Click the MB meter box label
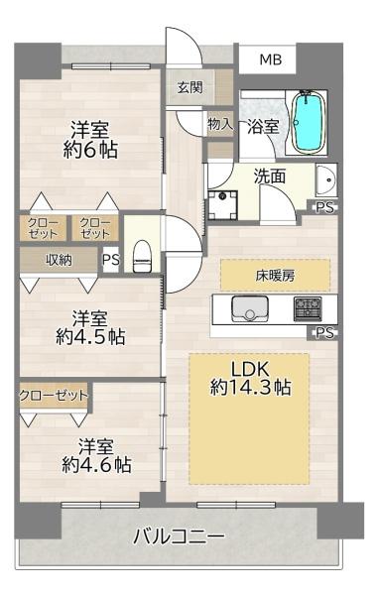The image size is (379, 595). (271, 59)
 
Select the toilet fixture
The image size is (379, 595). (143, 256)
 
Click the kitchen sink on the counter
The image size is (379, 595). (249, 308)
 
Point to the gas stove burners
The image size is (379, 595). (308, 308)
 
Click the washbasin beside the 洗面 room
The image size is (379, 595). (325, 180)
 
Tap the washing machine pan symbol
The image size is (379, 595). (222, 205)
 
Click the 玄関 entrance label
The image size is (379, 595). (189, 87)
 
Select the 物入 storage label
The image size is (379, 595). (220, 123)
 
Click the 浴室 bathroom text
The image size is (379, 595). (263, 126)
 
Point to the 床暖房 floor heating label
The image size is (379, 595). (275, 275)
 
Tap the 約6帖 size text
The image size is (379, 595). (90, 151)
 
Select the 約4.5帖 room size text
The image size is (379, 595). (90, 336)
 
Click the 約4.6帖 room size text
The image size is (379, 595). (96, 464)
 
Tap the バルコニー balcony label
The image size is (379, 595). (180, 536)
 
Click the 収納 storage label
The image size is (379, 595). (59, 260)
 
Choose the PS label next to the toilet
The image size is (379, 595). (111, 260)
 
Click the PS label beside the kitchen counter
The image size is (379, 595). (325, 333)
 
